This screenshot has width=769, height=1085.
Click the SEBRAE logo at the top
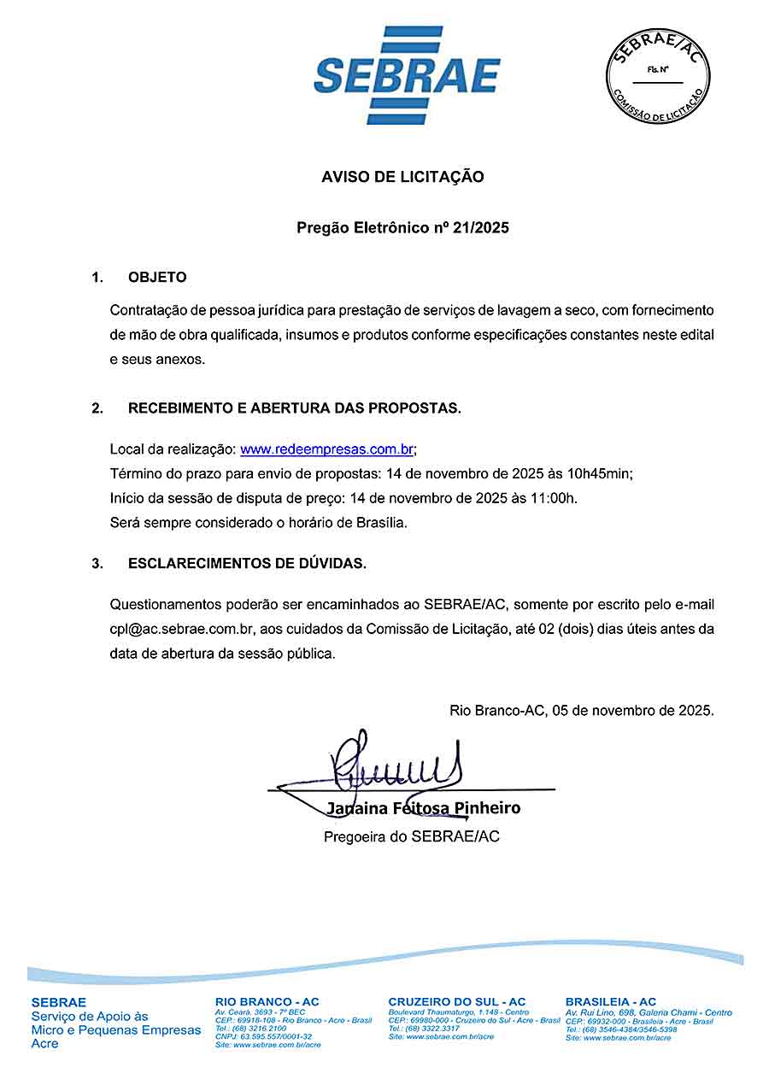click(x=407, y=75)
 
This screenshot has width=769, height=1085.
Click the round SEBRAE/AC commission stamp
click(x=658, y=75)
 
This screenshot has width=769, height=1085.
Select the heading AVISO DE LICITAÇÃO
click(x=402, y=177)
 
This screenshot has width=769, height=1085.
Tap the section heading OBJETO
click(x=157, y=278)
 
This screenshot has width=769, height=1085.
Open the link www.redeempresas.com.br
click(x=327, y=449)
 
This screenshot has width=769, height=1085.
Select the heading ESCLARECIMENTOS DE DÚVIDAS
click(x=247, y=564)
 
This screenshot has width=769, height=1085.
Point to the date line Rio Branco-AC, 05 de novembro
click(x=582, y=710)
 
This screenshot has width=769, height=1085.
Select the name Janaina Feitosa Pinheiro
click(x=423, y=808)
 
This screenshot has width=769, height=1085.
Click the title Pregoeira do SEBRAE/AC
click(x=411, y=836)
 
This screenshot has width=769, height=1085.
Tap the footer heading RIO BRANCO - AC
click(x=267, y=1002)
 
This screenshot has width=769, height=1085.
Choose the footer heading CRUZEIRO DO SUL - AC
click(x=457, y=1002)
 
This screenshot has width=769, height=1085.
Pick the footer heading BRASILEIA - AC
click(x=611, y=1002)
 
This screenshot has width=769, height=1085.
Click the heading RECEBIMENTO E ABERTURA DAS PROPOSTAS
click(x=295, y=408)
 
